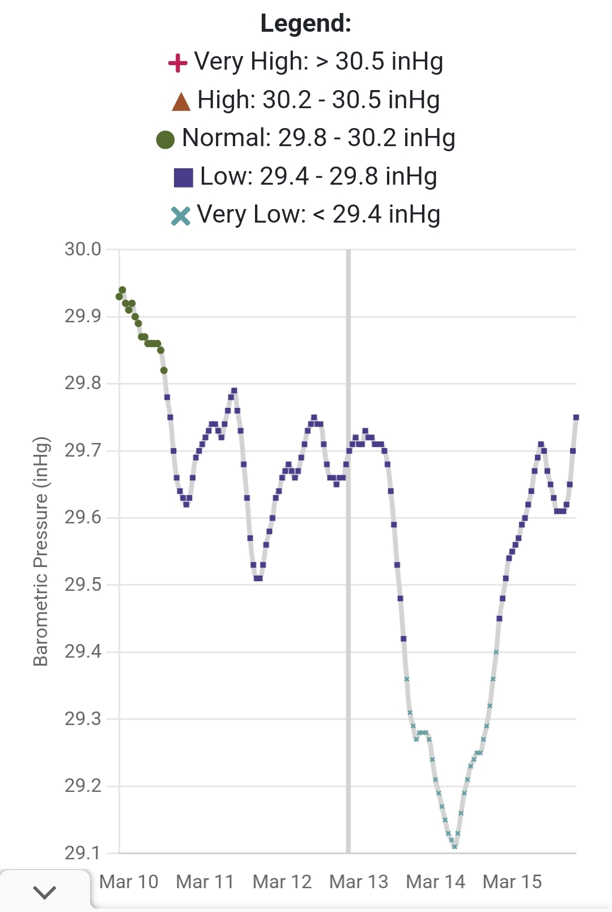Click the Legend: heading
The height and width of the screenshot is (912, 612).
click(x=306, y=24)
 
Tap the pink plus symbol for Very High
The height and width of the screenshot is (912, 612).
click(x=178, y=63)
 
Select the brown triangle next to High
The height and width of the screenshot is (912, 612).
click(x=181, y=101)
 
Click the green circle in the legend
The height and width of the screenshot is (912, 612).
click(x=165, y=139)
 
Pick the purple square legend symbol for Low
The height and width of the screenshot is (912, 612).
click(x=184, y=177)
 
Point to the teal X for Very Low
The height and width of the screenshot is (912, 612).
click(x=181, y=216)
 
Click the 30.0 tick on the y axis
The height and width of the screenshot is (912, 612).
click(x=83, y=249)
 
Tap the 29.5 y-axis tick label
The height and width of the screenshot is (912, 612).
click(x=83, y=585)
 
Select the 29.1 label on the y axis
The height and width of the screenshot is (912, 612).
click(x=83, y=853)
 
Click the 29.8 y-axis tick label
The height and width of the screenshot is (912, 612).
click(x=83, y=383)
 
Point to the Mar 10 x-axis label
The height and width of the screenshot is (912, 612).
click(x=129, y=882)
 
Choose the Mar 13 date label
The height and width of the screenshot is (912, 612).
click(x=359, y=882)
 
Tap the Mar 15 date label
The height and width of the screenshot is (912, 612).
click(x=512, y=882)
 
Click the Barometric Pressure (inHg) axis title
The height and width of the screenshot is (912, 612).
click(x=41, y=551)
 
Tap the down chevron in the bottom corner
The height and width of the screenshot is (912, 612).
click(x=45, y=892)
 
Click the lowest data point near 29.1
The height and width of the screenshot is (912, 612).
click(x=454, y=846)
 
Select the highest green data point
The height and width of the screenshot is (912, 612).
click(x=122, y=290)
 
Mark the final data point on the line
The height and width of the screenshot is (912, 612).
click(x=576, y=417)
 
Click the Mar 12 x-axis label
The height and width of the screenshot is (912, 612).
click(x=282, y=882)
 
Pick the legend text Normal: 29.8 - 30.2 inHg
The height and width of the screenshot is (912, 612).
click(x=318, y=138)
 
